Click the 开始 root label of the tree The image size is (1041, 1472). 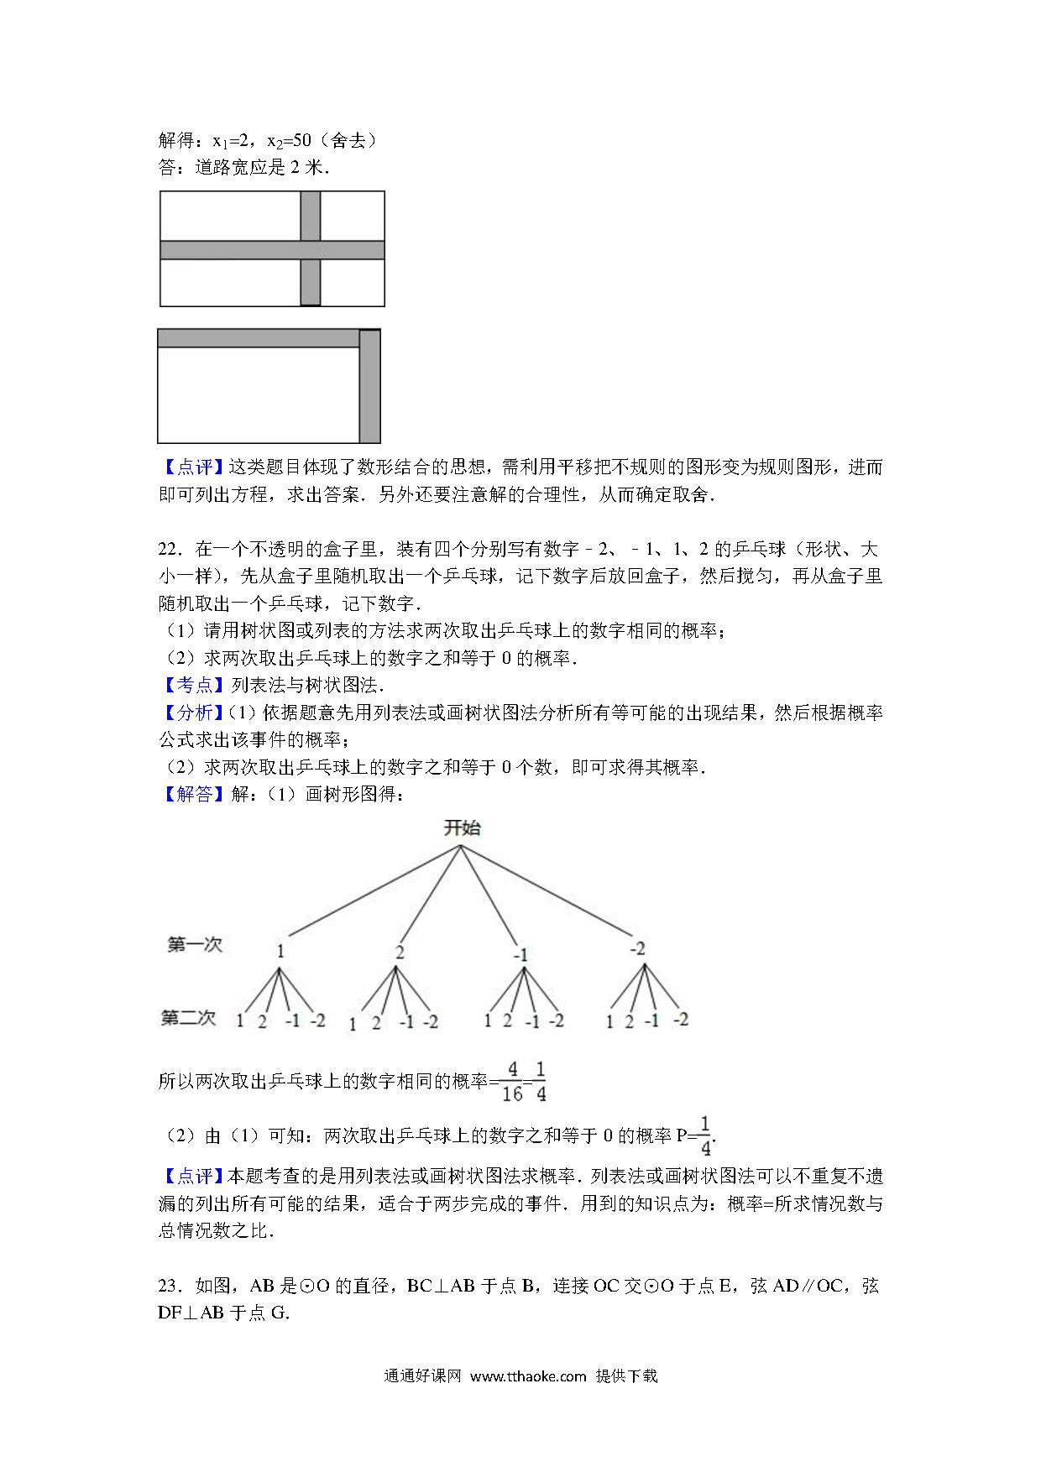click(462, 828)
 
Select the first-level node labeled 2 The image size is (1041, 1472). click(400, 952)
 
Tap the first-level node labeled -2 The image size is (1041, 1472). click(637, 948)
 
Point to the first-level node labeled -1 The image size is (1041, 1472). click(520, 955)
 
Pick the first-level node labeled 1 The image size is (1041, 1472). click(280, 952)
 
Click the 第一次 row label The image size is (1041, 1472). click(194, 945)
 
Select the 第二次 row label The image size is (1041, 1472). click(188, 1018)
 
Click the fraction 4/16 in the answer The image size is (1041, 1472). click(511, 1082)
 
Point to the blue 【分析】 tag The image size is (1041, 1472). click(191, 713)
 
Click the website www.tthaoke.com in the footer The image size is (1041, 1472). click(527, 1376)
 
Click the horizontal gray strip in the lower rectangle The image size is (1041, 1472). click(258, 338)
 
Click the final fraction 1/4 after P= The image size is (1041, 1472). click(705, 1136)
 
